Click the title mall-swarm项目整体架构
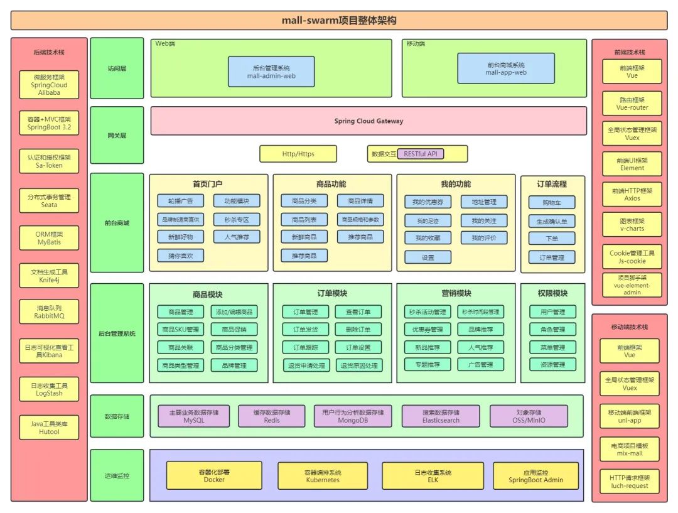(339, 21)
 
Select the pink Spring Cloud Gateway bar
(369, 121)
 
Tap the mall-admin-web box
(271, 71)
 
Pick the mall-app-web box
(506, 68)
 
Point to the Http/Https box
(298, 154)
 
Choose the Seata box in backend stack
(49, 201)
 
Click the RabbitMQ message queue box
(49, 312)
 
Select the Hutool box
(49, 428)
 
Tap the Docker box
(214, 476)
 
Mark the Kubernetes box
(323, 476)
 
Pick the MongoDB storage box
(353, 416)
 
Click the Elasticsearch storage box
(441, 416)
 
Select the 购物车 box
(552, 203)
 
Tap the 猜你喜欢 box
(181, 256)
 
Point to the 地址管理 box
(484, 202)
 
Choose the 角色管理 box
(552, 330)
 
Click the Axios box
(632, 194)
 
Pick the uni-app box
(630, 416)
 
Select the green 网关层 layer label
(117, 136)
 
